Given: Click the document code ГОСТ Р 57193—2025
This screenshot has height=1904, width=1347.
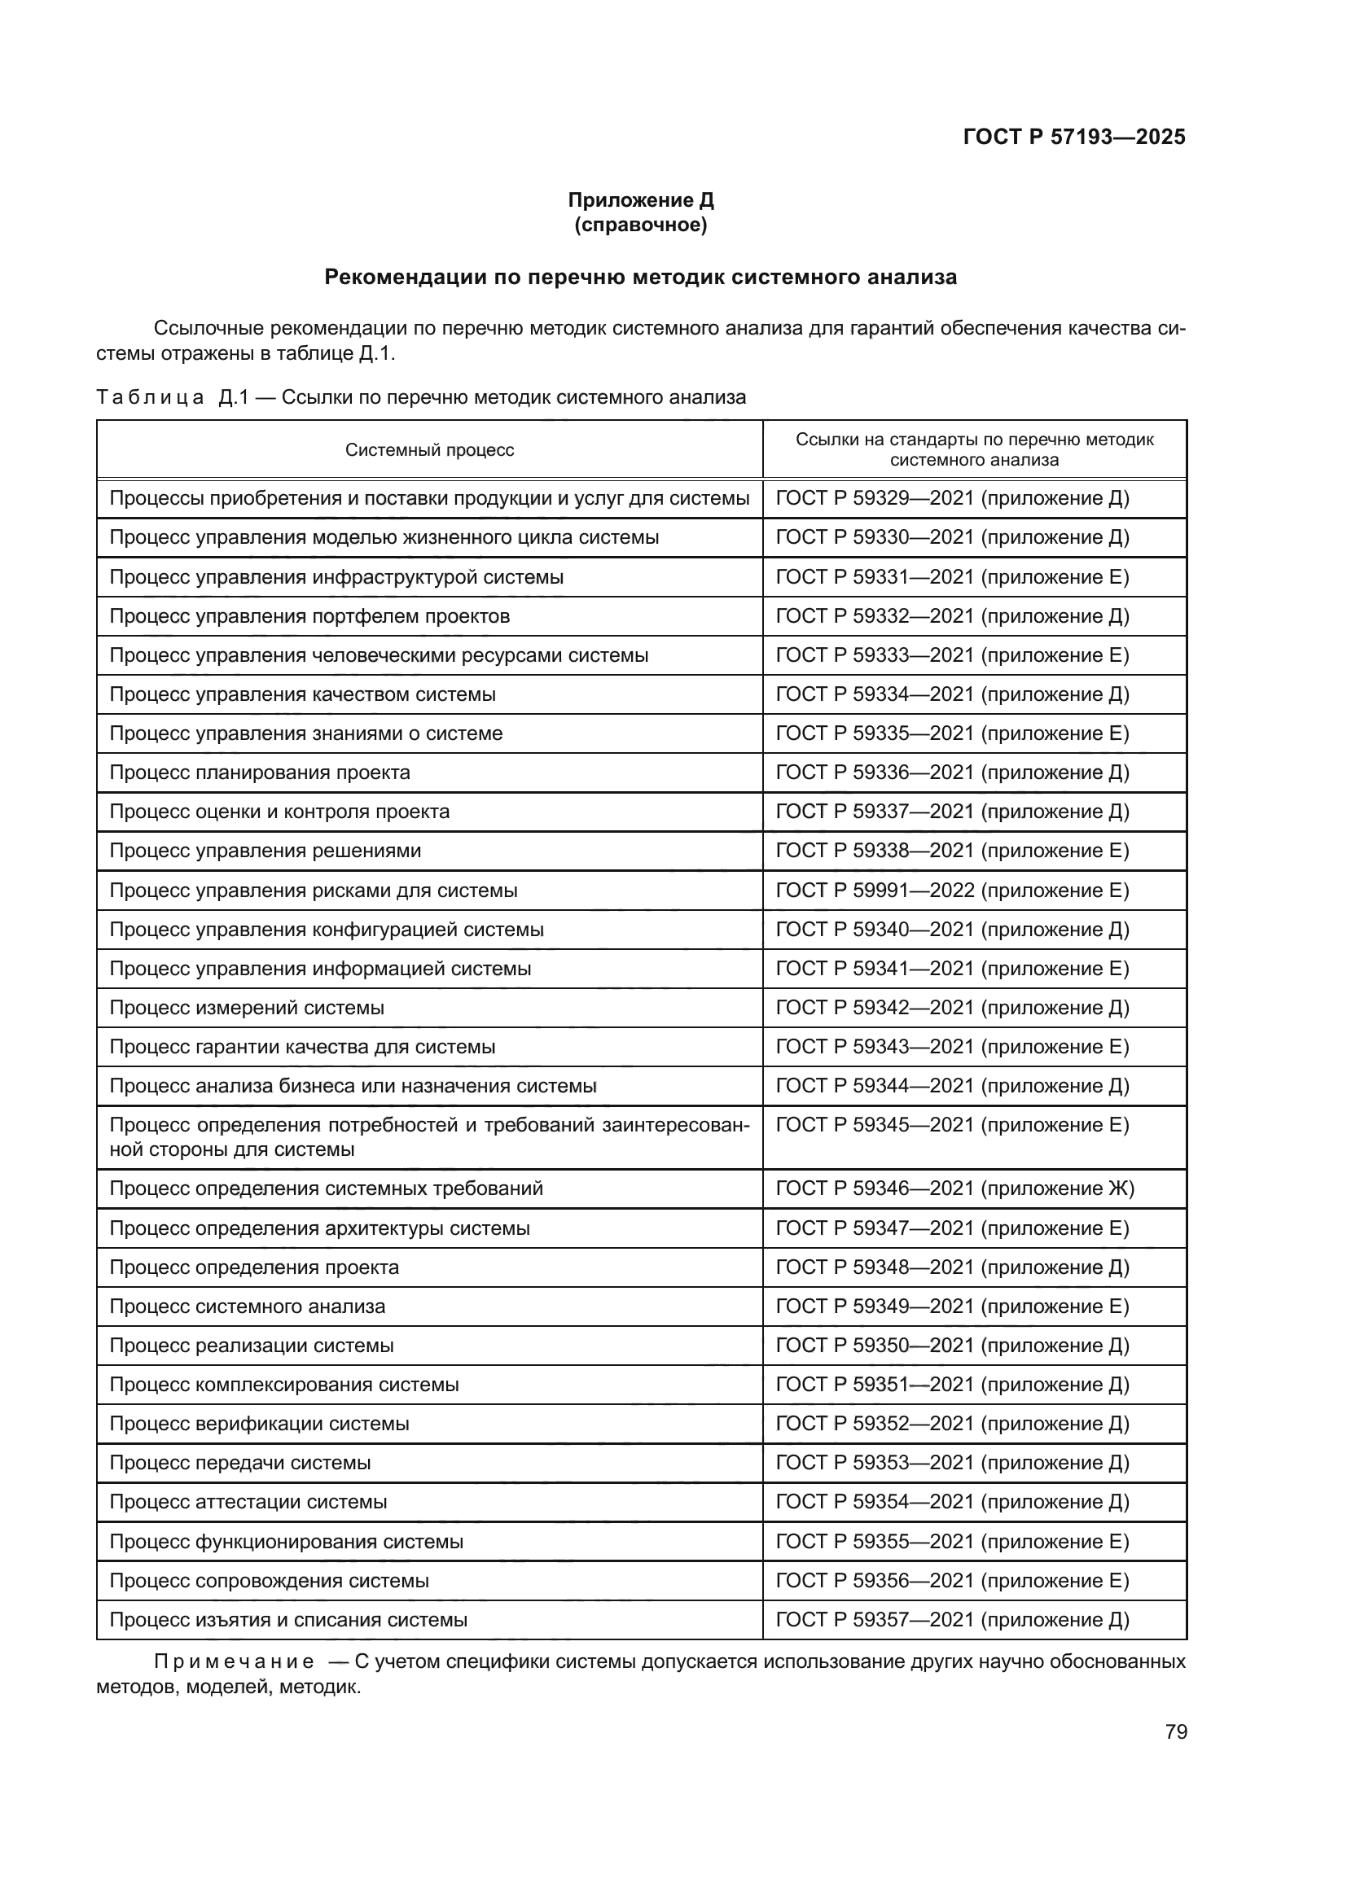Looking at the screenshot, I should click(1073, 137).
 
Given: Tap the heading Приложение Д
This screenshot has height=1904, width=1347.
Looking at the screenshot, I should click(640, 200).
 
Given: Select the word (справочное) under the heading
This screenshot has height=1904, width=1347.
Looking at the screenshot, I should click(640, 225).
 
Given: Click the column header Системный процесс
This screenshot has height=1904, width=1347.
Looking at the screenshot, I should click(430, 450).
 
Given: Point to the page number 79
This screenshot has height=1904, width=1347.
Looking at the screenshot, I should click(1175, 1731).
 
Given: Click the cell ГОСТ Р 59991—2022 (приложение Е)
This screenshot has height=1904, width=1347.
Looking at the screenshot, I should click(951, 891).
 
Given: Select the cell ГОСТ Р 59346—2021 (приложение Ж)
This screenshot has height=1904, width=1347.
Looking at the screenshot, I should click(954, 1188).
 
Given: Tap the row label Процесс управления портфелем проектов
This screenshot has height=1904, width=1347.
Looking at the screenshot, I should click(309, 616).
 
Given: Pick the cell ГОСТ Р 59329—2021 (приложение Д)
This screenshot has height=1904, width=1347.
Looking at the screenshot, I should click(951, 498).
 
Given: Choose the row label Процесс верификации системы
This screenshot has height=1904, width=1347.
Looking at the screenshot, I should click(259, 1424).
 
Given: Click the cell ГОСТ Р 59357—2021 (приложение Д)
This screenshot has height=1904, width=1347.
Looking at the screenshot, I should click(951, 1620).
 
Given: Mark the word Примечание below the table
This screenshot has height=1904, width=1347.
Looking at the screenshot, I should click(233, 1663).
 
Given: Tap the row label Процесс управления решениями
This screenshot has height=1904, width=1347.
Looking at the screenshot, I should click(265, 851).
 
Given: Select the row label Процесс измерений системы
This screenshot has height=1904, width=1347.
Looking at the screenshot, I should click(246, 1008).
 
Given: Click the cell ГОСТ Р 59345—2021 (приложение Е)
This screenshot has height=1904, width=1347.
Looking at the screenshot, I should click(951, 1125).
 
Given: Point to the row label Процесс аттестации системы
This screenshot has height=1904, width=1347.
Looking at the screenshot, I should click(248, 1502).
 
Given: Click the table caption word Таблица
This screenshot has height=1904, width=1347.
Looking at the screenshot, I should click(150, 397).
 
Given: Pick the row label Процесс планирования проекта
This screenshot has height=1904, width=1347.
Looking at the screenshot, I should click(260, 772).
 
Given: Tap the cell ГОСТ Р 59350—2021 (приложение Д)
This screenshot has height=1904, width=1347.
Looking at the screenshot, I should click(951, 1345).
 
